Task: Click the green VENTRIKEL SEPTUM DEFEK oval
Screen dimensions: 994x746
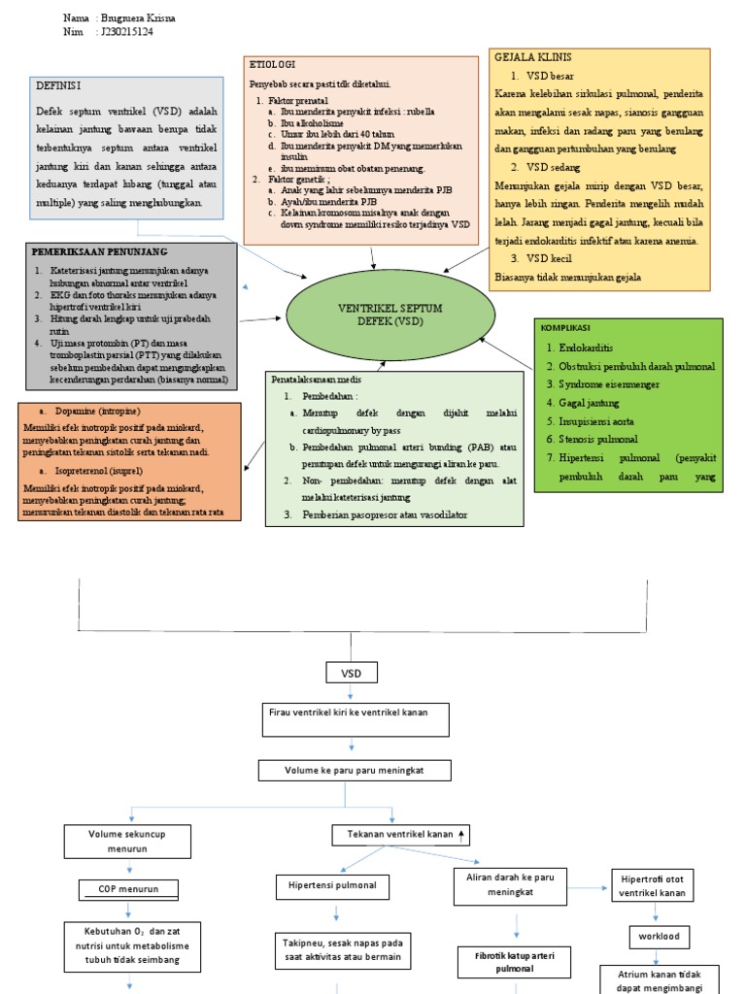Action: (386, 315)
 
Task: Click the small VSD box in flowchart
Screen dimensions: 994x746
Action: (350, 672)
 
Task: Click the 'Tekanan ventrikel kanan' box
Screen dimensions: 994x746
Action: (399, 834)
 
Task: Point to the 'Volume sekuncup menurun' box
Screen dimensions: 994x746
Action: (126, 840)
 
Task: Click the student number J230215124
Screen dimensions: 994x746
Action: (126, 32)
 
